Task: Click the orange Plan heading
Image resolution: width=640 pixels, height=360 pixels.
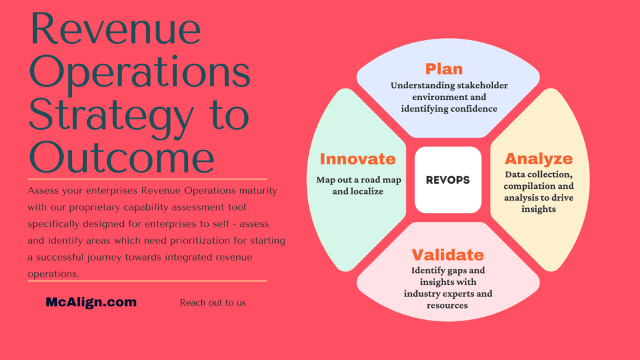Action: [x=444, y=69]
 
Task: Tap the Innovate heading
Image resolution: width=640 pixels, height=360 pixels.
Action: [x=358, y=159]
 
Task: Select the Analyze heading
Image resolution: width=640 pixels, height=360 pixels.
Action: [x=539, y=159]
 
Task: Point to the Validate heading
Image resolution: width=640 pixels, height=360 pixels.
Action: [x=447, y=255]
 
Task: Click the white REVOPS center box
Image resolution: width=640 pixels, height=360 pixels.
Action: [x=448, y=180]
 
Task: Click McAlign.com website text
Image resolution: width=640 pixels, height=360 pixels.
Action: [x=91, y=302]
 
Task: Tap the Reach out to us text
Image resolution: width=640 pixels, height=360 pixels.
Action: [x=212, y=303]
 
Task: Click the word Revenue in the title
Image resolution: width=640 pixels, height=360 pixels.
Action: [x=116, y=29]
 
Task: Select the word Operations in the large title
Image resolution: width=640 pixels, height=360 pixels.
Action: [x=139, y=72]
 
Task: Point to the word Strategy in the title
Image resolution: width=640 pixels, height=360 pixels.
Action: [x=111, y=116]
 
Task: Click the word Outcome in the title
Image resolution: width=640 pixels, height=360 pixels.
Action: [x=122, y=157]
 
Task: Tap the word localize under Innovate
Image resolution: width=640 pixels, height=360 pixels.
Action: [x=366, y=191]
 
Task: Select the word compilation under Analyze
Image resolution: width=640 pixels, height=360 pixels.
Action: [x=527, y=186]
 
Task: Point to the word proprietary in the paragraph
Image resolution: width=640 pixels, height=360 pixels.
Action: [x=95, y=207]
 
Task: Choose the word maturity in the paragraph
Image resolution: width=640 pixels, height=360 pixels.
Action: [x=258, y=191]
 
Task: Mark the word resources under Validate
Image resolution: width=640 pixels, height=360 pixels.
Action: [x=447, y=305]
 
